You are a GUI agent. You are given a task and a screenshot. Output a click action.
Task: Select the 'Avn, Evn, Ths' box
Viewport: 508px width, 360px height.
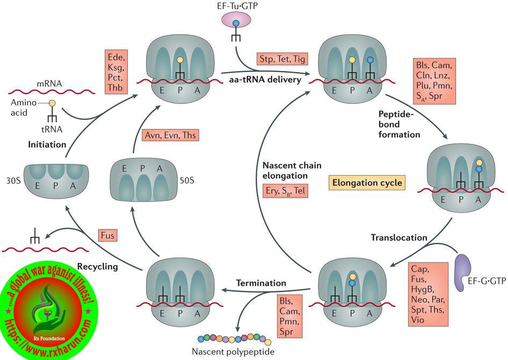[x=171, y=135]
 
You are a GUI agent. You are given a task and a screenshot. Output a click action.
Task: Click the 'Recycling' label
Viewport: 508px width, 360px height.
[x=97, y=265]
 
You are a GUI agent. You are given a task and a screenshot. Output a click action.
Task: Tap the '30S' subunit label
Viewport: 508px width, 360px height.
[x=13, y=181]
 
